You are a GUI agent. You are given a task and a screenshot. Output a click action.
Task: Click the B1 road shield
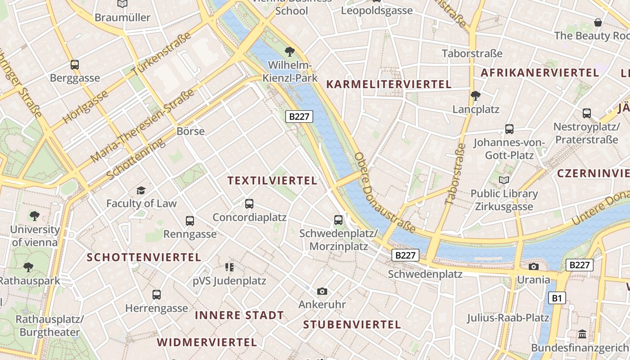tap(557, 298)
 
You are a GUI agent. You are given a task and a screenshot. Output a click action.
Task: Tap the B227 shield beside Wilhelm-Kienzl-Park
tap(299, 117)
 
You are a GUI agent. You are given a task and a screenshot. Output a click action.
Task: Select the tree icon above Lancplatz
tap(475, 96)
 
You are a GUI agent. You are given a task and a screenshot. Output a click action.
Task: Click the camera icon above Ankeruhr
tap(322, 292)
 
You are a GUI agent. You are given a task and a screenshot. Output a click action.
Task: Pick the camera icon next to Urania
tap(533, 266)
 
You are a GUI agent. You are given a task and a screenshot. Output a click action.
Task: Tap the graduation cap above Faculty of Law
tap(141, 190)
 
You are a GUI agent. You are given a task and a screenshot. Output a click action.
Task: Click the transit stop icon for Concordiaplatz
tap(249, 204)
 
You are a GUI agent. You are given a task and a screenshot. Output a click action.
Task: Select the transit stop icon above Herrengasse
tap(156, 295)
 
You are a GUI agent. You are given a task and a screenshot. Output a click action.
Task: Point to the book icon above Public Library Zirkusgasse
tap(504, 180)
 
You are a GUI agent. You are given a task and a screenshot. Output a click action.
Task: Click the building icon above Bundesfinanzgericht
tap(582, 334)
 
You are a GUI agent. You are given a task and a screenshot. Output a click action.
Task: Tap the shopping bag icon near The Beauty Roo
tap(598, 22)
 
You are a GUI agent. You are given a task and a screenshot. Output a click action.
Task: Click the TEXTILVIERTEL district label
tap(272, 181)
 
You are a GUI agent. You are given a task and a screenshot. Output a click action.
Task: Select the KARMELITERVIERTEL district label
tap(389, 84)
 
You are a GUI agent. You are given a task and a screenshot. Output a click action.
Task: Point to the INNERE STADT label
tap(239, 315)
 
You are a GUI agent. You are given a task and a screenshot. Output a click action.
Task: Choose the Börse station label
tap(191, 131)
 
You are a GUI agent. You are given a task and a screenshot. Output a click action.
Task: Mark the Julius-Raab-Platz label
tap(508, 318)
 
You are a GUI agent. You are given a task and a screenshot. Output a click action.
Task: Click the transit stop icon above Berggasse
tap(75, 65)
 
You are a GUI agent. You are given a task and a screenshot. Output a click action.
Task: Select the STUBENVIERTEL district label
tap(352, 325)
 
